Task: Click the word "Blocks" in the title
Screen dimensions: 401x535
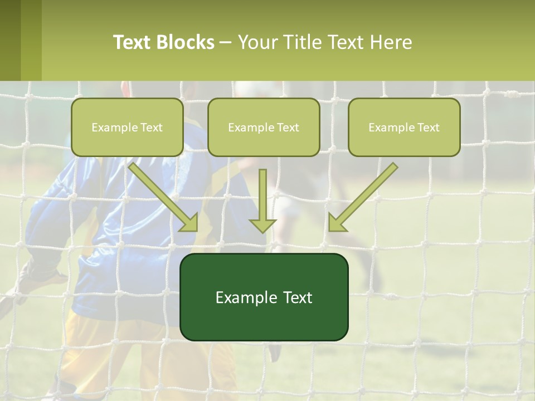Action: (x=185, y=42)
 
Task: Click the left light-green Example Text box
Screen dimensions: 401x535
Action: (x=127, y=127)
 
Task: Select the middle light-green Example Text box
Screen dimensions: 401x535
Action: (x=264, y=127)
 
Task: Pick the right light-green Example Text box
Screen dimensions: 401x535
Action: (x=404, y=127)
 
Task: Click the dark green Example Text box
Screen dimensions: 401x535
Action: (x=264, y=297)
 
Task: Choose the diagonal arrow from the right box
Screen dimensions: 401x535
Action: (x=363, y=197)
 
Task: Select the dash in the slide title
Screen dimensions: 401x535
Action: (x=226, y=42)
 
